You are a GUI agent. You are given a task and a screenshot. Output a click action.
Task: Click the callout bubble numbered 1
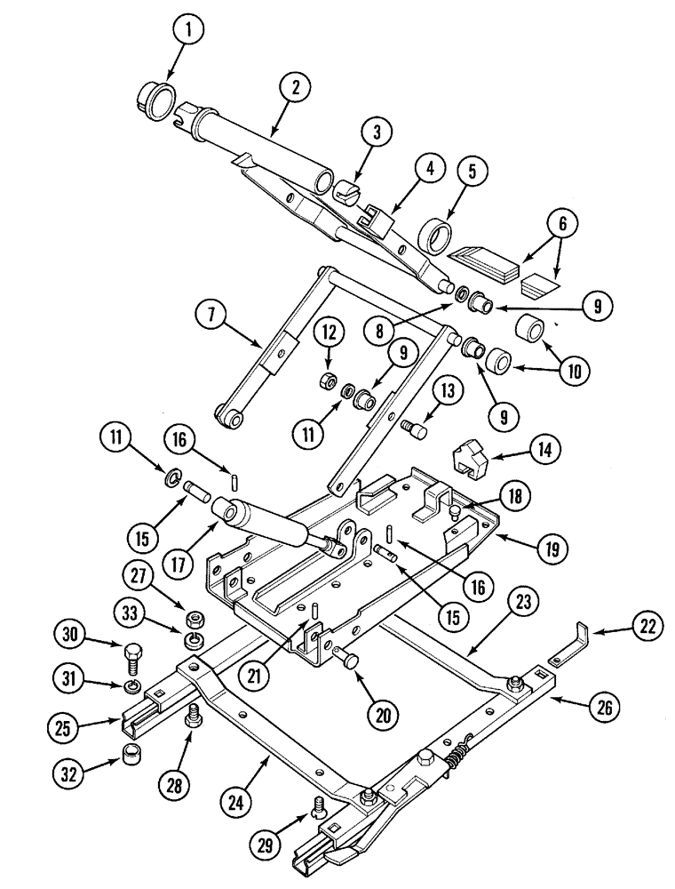[x=187, y=29]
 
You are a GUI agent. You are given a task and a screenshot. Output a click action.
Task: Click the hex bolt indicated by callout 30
[x=131, y=655]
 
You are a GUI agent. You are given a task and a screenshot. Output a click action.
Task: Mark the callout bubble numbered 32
[x=68, y=773]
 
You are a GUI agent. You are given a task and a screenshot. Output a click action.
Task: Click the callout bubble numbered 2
[x=295, y=87]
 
